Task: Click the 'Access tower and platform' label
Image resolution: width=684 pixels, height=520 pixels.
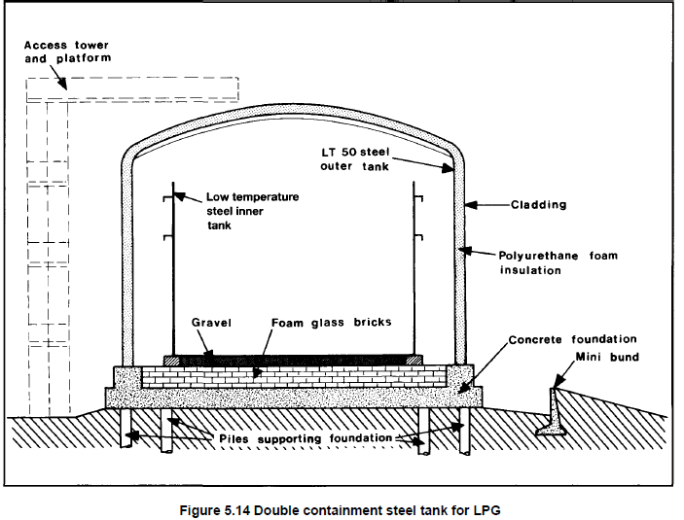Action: [66, 52]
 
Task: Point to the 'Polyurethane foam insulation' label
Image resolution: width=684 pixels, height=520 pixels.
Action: [558, 262]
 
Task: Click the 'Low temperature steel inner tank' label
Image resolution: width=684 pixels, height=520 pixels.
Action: [251, 210]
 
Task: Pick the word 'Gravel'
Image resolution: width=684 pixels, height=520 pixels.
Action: [211, 323]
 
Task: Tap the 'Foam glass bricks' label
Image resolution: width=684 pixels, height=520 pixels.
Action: [326, 323]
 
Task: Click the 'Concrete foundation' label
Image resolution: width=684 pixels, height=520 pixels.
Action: [573, 339]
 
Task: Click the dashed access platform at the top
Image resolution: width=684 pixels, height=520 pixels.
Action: [131, 88]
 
